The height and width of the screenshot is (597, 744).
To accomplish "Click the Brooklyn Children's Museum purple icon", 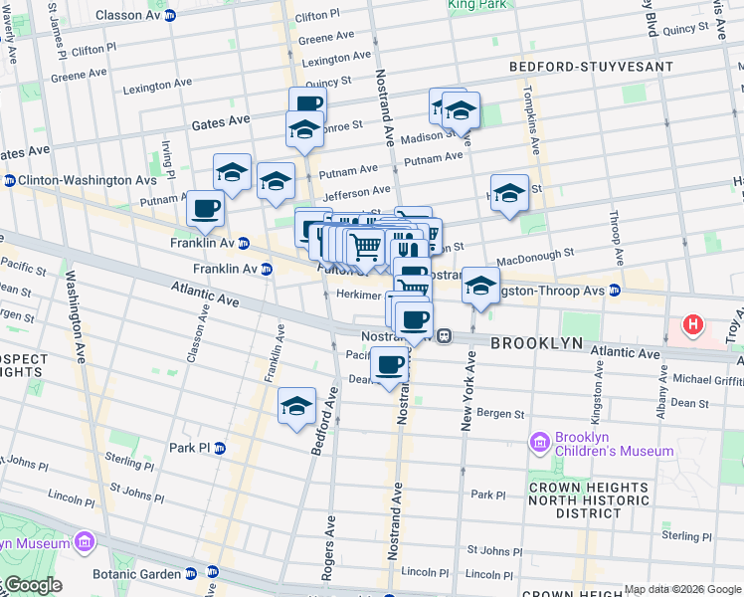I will pos(540,441).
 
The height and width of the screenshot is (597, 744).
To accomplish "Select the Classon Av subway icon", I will pos(170,16).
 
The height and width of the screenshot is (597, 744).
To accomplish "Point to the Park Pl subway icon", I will pos(220,448).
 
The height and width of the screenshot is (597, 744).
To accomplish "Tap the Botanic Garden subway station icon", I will pos(190,574).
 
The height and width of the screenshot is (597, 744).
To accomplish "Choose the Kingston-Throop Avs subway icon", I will pos(615,291).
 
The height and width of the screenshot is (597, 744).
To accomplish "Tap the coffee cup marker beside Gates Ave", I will pos(307,103).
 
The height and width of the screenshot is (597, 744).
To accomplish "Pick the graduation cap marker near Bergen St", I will pos(296,406).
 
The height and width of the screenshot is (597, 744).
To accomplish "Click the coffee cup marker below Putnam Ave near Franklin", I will pos(206,209).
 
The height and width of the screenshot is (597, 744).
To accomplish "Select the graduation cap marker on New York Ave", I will pos(480,286).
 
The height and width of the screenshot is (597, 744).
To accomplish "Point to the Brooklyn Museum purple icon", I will pos(84,542).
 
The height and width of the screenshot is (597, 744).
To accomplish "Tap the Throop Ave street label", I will pos(616,238).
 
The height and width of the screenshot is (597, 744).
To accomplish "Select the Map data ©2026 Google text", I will pos(682,590).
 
